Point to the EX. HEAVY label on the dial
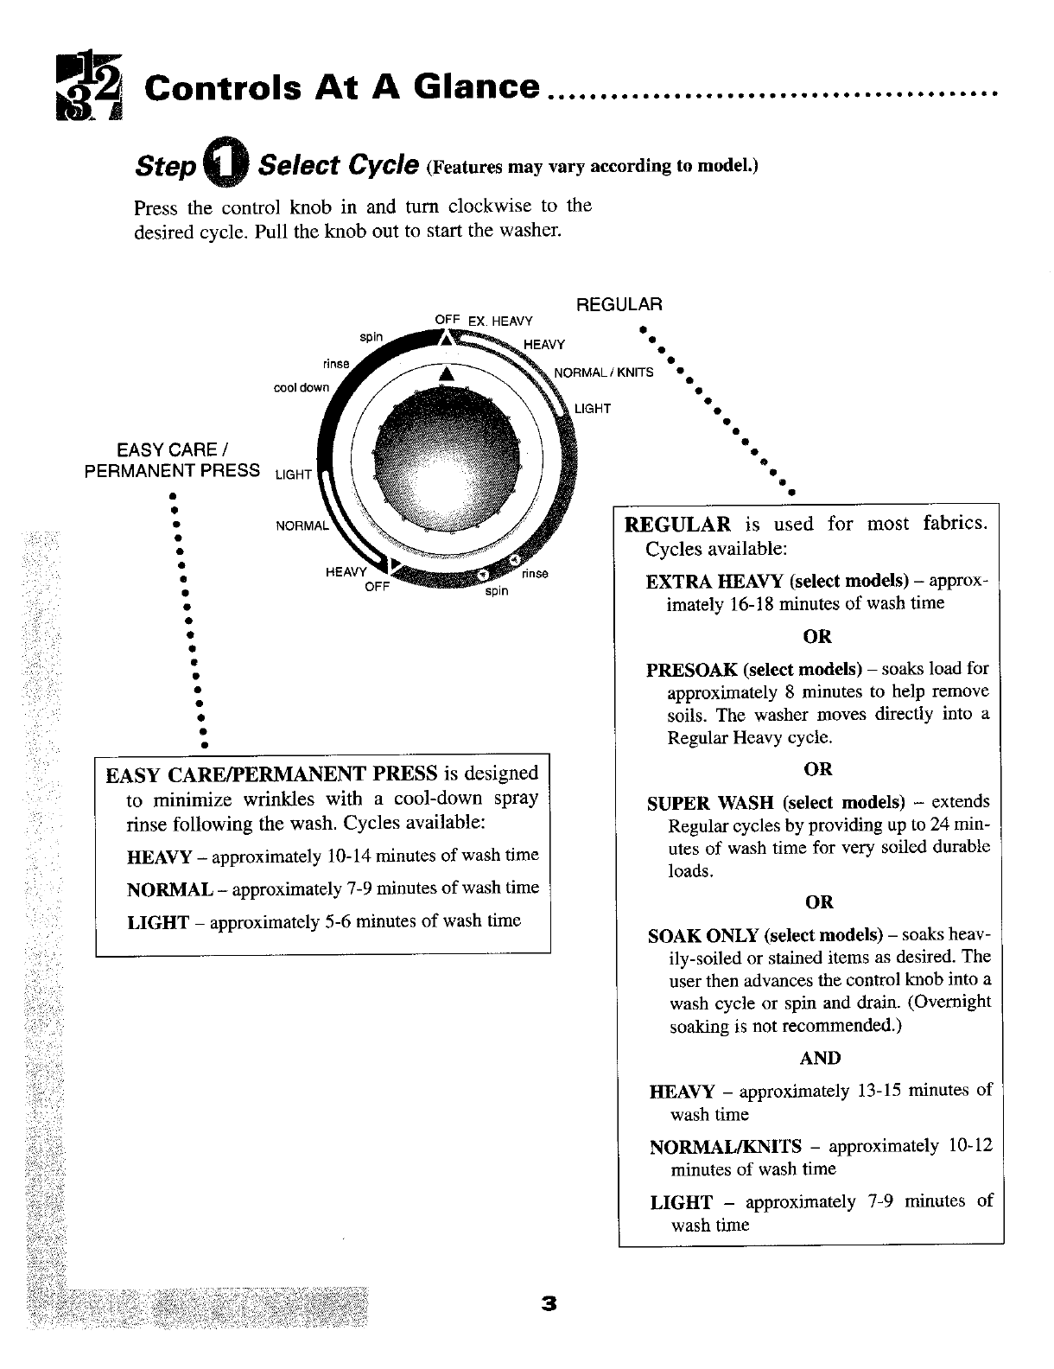point(500,322)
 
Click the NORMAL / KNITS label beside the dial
point(603,373)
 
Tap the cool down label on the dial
point(301,387)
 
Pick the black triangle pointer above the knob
point(446,373)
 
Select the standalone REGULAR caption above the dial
point(619,304)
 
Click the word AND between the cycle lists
point(819,1058)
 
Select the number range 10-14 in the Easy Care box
point(350,856)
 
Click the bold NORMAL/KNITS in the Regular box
point(725,1147)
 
